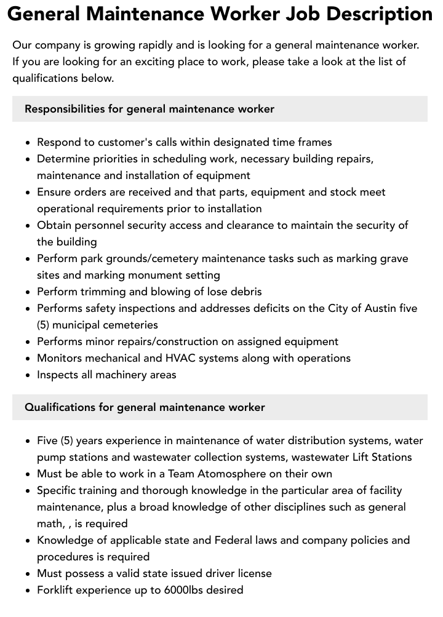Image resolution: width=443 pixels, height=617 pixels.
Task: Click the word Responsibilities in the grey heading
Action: point(65,109)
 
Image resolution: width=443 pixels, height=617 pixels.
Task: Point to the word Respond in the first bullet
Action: point(58,142)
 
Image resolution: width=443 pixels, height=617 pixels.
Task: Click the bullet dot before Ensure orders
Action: point(28,193)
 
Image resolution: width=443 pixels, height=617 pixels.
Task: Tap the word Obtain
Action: point(55,225)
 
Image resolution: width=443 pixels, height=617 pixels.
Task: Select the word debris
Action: point(245,292)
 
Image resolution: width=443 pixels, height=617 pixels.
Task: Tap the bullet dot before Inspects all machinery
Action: point(28,375)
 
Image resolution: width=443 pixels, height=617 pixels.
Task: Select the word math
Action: point(50,523)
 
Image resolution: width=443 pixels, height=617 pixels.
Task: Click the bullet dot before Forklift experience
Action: point(28,591)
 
